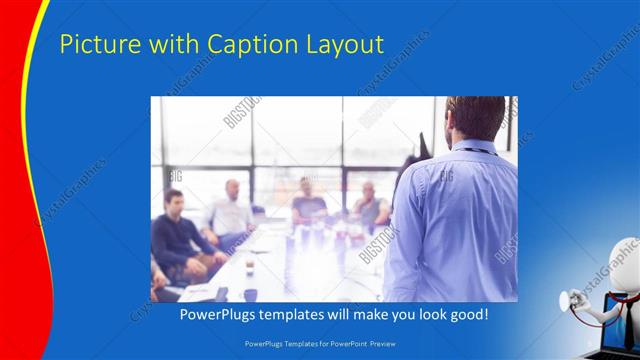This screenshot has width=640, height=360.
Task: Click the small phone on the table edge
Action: coord(221,294)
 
